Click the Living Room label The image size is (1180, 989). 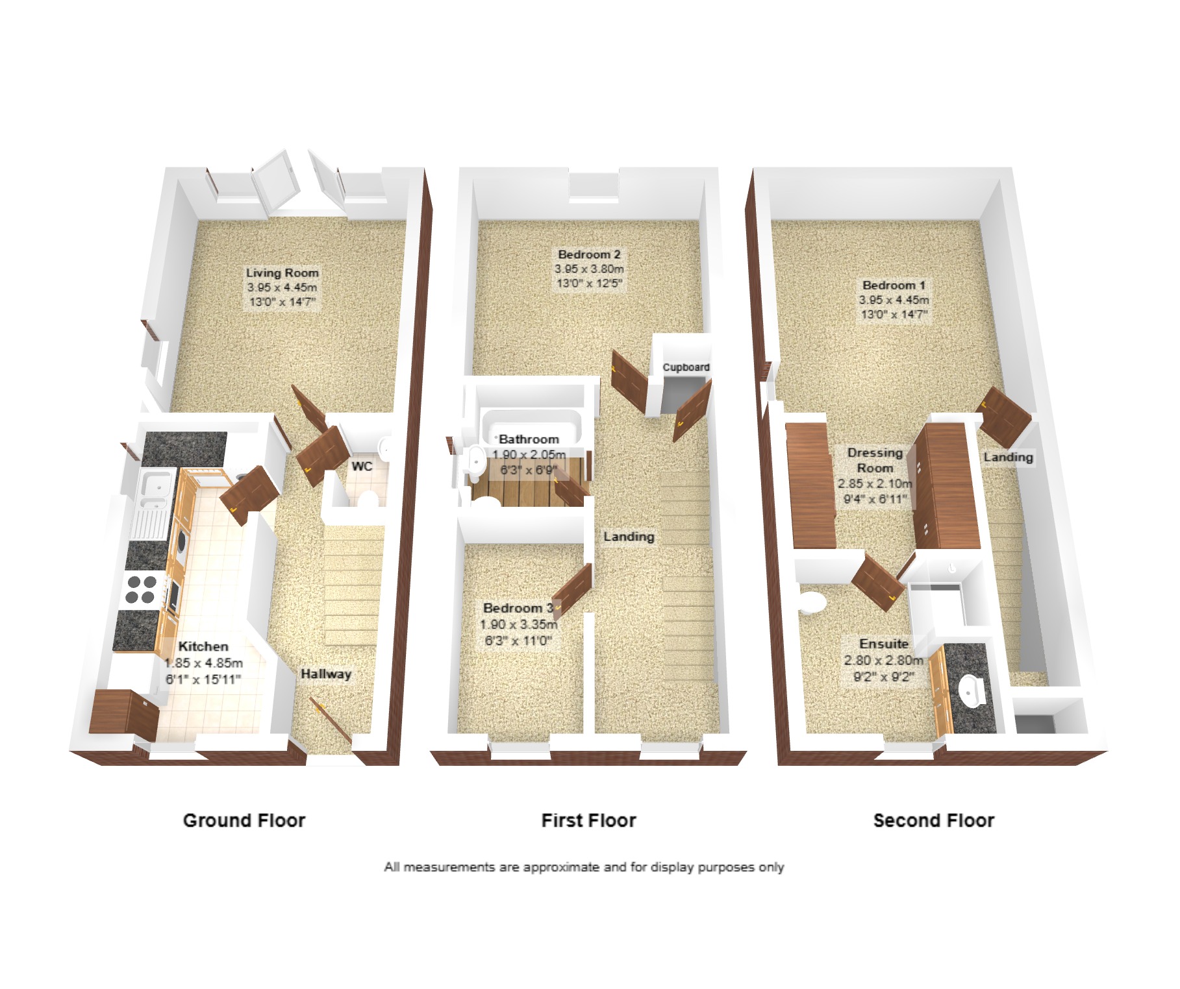282,273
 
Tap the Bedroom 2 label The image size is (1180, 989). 589,254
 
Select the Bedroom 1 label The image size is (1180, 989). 894,285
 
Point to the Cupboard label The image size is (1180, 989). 686,367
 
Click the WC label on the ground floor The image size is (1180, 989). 362,466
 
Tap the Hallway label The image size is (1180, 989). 325,674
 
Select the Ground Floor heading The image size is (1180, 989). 244,820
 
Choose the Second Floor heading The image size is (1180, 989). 934,820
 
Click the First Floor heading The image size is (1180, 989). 588,820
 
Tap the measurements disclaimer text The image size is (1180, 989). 584,867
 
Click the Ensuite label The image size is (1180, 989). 883,644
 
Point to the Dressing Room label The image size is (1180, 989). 875,460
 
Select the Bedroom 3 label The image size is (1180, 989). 518,608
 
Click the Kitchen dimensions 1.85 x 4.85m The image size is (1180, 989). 203,663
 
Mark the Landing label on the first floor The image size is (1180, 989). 629,537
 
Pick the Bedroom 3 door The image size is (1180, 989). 572,590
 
